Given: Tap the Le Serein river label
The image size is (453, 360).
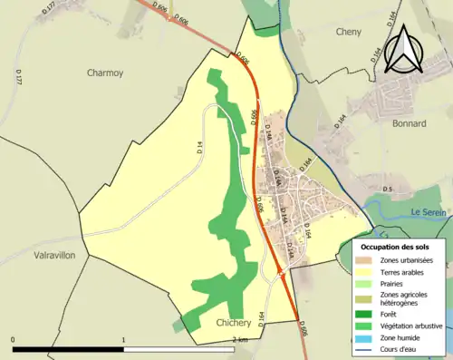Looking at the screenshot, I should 429,211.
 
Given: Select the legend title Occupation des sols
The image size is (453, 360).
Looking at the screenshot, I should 395,246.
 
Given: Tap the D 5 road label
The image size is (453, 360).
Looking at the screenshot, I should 387,189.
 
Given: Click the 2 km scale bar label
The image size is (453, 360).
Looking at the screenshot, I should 240,340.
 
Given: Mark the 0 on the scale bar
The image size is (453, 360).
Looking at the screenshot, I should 14,340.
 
